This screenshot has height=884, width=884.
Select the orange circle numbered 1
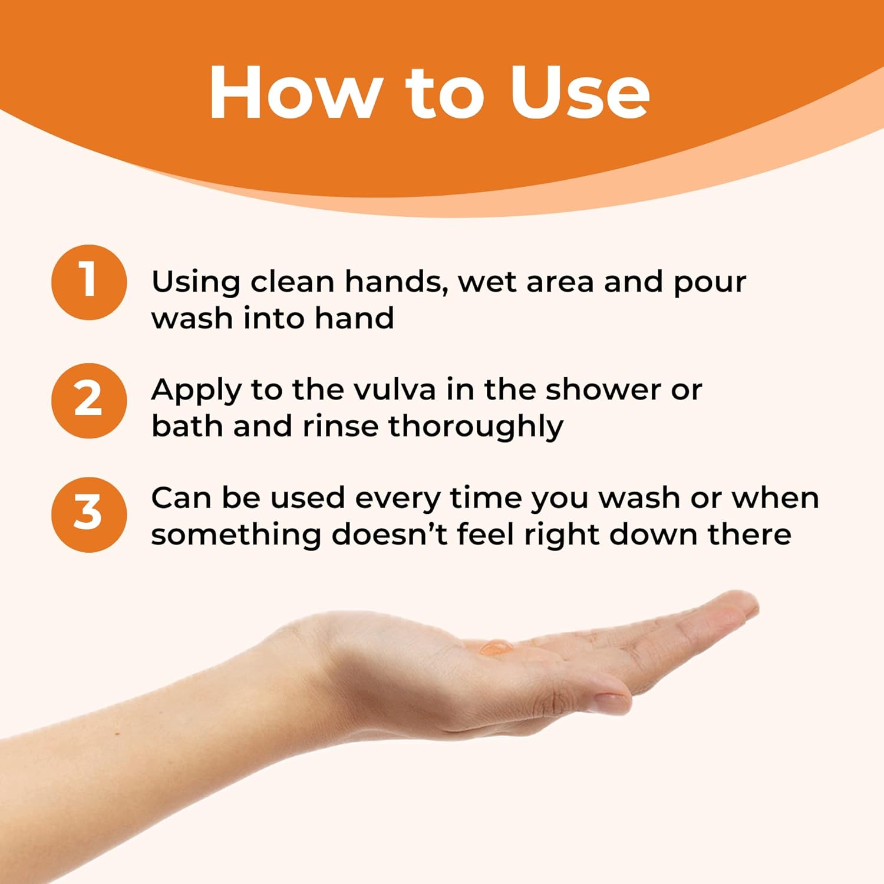[x=89, y=282]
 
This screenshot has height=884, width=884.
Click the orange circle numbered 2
[x=89, y=401]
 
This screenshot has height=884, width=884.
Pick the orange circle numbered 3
[x=89, y=514]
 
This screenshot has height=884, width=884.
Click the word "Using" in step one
[x=196, y=282]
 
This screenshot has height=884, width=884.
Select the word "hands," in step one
[x=394, y=282]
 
